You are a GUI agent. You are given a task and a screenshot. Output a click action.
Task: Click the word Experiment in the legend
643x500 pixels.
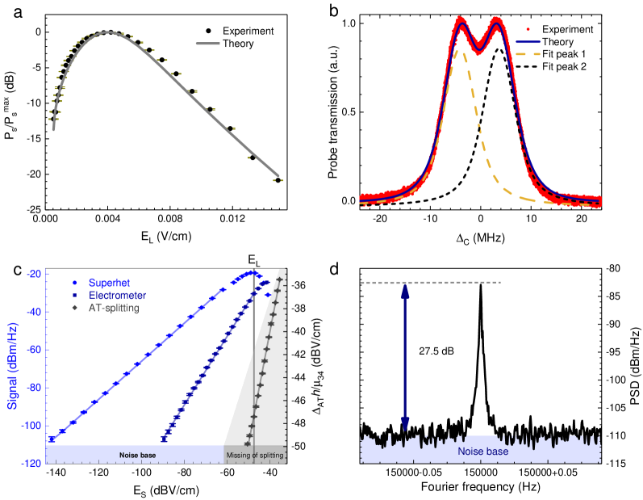tap(248, 32)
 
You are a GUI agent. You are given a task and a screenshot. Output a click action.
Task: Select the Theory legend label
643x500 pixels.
tap(238, 44)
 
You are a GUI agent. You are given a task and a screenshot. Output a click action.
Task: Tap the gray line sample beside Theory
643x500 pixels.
tap(207, 44)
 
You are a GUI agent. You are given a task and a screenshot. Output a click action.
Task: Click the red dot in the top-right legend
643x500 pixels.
tap(528, 28)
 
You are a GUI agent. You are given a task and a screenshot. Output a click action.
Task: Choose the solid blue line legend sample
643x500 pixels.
tap(528, 41)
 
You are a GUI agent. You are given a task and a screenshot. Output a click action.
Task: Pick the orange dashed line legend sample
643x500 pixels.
tap(528, 54)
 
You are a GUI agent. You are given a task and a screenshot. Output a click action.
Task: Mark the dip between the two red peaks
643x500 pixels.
tap(478, 48)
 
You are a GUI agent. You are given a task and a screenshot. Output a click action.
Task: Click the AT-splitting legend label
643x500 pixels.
tap(113, 309)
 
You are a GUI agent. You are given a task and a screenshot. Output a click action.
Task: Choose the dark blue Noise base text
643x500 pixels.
tap(482, 452)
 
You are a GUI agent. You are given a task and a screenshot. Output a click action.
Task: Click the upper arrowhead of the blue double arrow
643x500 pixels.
tap(405, 292)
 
